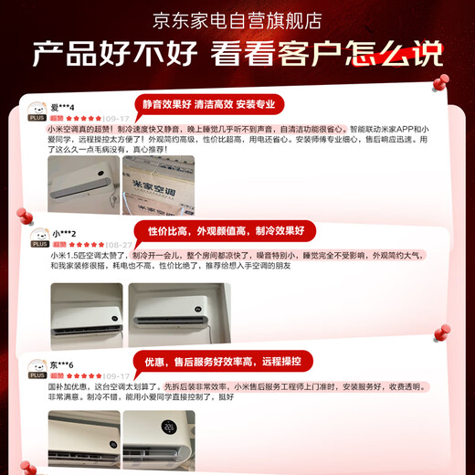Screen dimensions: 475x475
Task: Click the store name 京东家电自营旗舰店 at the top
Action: tap(237, 19)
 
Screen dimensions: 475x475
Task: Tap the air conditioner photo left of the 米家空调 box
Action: tap(85, 180)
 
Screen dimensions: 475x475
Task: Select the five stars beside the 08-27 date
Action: tap(87, 245)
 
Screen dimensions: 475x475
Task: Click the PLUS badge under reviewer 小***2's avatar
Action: tap(39, 245)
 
